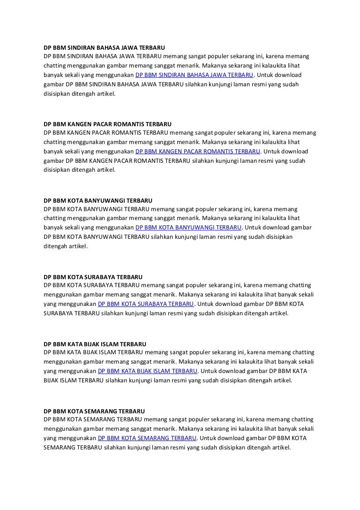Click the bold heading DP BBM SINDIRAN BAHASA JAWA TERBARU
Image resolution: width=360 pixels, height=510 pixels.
[104, 47]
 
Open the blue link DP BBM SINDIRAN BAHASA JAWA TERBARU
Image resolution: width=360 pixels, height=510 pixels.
[194, 75]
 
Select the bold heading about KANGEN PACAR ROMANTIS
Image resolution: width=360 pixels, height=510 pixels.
[107, 124]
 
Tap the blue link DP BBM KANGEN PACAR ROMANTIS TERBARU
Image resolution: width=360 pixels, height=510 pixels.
[197, 152]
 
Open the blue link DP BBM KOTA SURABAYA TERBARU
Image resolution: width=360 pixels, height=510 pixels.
[146, 304]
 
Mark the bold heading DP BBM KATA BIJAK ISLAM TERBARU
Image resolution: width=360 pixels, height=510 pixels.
[95, 344]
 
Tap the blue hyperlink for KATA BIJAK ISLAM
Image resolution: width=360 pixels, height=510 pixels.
[148, 371]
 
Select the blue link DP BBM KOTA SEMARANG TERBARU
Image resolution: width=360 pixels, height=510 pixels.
[147, 438]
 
